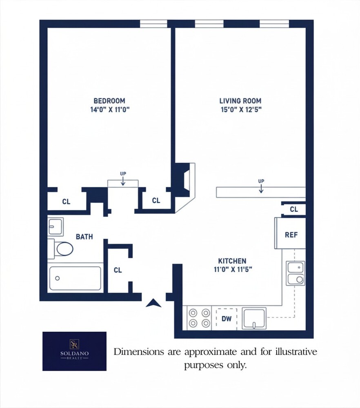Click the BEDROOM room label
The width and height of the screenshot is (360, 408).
pyautogui.click(x=109, y=101)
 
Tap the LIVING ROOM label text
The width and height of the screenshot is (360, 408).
pyautogui.click(x=240, y=101)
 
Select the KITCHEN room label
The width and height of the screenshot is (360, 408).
pyautogui.click(x=232, y=261)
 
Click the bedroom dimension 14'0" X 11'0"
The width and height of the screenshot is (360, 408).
pyautogui.click(x=109, y=110)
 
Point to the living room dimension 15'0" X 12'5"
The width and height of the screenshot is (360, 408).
pyautogui.click(x=240, y=110)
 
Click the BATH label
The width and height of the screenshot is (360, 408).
pyautogui.click(x=84, y=237)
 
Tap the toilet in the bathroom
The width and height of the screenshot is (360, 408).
pyautogui.click(x=63, y=248)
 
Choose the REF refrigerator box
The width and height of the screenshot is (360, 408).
pyautogui.click(x=291, y=235)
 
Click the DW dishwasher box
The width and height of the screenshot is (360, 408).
pyautogui.click(x=226, y=318)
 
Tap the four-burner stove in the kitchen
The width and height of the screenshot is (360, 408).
pyautogui.click(x=199, y=318)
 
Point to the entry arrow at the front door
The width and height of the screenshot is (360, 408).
pyautogui.click(x=153, y=303)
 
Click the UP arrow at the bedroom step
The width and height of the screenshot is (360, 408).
pyautogui.click(x=123, y=180)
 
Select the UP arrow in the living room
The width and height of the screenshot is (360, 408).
pyautogui.click(x=261, y=187)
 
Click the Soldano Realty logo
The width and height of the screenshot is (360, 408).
pyautogui.click(x=74, y=351)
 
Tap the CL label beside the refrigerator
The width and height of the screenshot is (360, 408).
pyautogui.click(x=294, y=209)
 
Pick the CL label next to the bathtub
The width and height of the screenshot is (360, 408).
pyautogui.click(x=118, y=270)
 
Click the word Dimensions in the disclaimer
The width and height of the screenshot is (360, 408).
pyautogui.click(x=134, y=352)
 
